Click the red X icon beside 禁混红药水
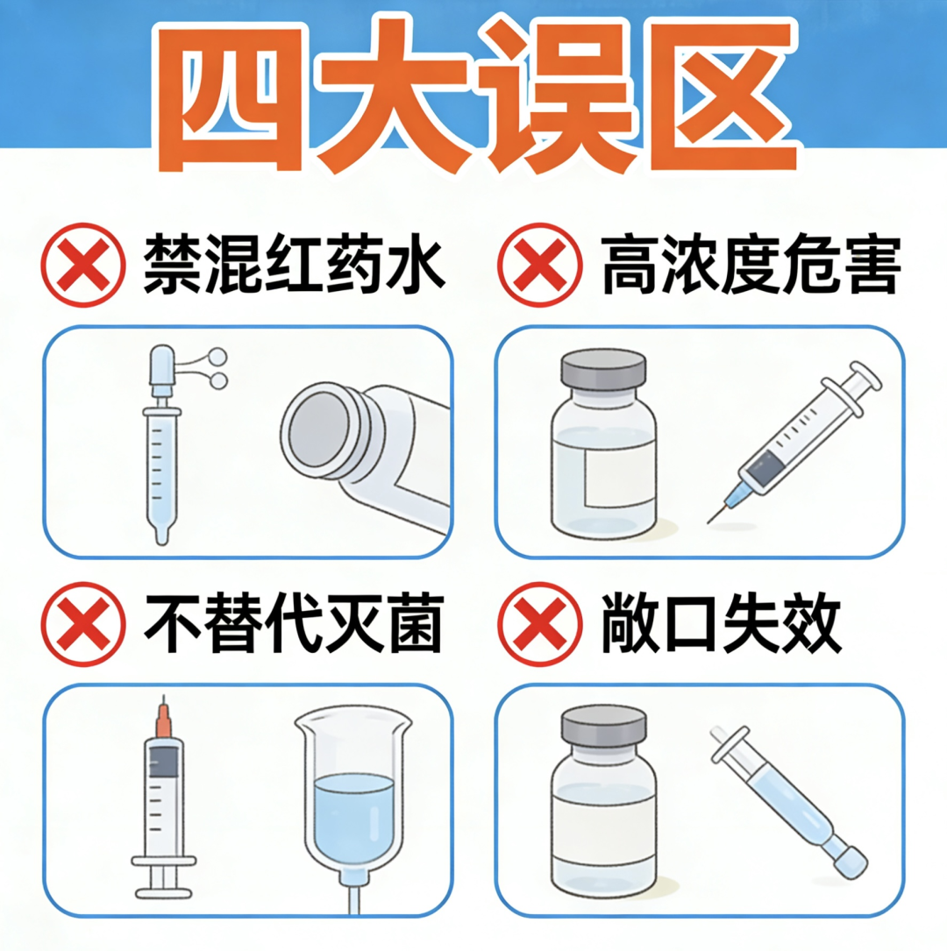[83, 265]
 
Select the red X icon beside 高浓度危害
[539, 265]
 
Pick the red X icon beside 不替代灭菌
[83, 624]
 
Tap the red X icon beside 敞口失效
[539, 624]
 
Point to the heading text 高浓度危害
[751, 265]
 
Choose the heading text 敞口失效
[721, 624]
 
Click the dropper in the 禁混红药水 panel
[160, 447]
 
